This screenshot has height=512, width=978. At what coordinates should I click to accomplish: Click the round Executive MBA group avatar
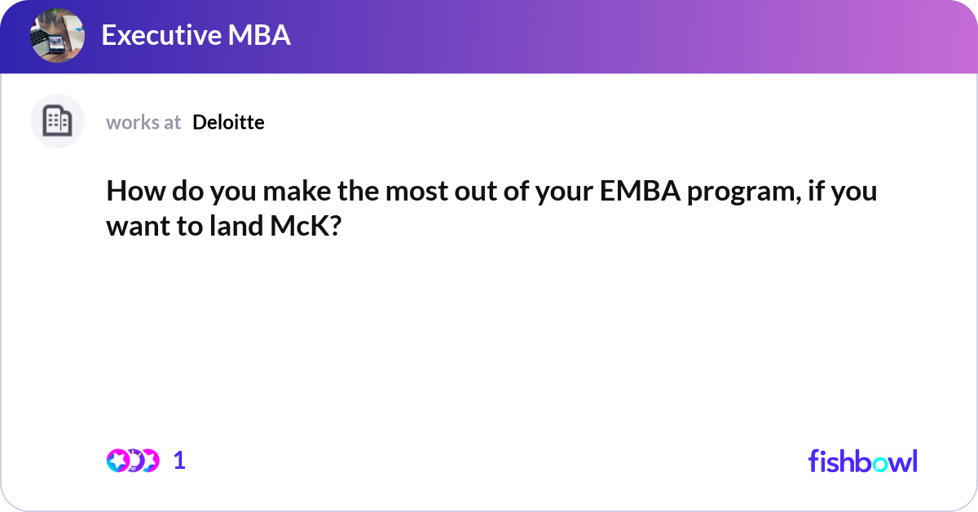tap(57, 35)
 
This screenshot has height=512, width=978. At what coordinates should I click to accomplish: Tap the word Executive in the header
tap(161, 35)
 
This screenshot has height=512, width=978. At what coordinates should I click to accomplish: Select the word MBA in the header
tap(259, 35)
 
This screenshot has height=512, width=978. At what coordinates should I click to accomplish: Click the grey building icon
tap(57, 121)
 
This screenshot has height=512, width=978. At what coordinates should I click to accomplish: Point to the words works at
tap(143, 122)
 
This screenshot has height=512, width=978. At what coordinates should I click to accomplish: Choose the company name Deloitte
tap(228, 122)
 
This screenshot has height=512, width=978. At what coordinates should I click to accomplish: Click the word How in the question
tap(136, 191)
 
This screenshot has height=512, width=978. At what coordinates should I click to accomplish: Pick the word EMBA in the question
tap(640, 191)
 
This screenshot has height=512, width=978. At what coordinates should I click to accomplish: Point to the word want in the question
tap(139, 227)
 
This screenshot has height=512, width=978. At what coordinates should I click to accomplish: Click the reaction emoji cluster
tap(133, 461)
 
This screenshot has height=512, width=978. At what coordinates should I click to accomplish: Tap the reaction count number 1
tap(179, 461)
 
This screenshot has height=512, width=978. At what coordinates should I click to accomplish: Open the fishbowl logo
tap(863, 461)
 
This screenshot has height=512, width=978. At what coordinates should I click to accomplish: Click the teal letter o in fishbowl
tap(880, 464)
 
